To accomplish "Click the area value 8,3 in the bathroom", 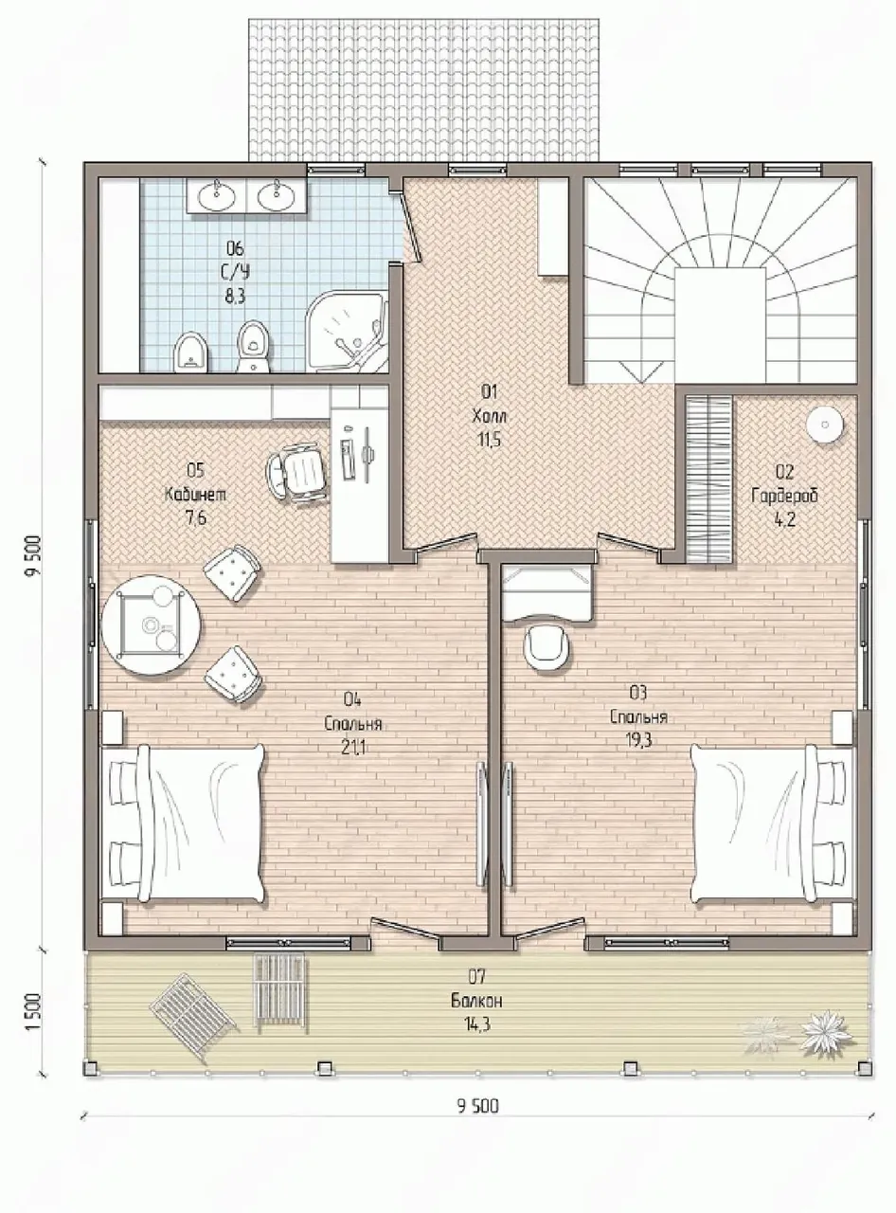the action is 235,297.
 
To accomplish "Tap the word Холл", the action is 490,416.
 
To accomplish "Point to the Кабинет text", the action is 195,494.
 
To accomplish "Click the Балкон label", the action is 477,1002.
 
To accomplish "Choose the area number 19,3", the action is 638,740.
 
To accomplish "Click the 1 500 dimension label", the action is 33,1013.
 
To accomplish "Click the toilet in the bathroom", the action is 253,346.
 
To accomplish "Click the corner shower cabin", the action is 347,334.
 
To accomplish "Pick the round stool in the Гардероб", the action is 825,425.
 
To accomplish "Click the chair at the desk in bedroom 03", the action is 547,648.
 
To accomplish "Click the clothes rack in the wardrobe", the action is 709,479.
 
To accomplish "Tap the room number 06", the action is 235,249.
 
